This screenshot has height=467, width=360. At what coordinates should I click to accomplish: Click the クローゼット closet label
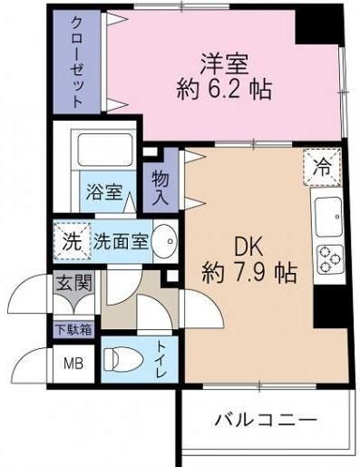pyautogui.click(x=77, y=60)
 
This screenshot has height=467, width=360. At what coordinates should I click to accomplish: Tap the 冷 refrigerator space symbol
pyautogui.click(x=322, y=165)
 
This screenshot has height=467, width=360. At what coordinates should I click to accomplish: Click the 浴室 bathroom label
pyautogui.click(x=104, y=191)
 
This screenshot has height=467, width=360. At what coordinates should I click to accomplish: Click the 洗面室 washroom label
pyautogui.click(x=121, y=241)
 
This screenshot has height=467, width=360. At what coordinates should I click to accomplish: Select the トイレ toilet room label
pyautogui.click(x=164, y=358)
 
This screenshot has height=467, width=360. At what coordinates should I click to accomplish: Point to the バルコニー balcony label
pyautogui.click(x=266, y=421)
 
